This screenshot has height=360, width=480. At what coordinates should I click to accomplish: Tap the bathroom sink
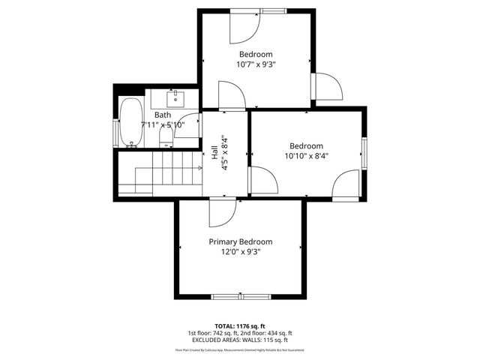coord(175,97)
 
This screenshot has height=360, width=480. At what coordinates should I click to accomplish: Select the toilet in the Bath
coord(166,135)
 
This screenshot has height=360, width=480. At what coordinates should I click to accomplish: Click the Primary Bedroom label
coord(240,241)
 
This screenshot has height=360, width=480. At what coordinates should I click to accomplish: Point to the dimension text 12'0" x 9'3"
coord(240,252)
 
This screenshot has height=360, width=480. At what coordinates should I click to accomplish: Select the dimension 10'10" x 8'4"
coord(306,156)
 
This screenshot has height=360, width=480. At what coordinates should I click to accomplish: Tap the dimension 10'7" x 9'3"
coord(256,64)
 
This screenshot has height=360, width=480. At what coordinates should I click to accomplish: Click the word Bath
coord(163,115)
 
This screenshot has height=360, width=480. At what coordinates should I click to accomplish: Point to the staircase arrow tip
coord(201,168)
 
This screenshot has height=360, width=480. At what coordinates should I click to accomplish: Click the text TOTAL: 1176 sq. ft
coord(240,326)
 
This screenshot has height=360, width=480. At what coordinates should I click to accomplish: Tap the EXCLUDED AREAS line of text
coord(240,340)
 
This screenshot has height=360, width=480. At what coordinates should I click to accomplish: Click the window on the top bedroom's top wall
coord(273,10)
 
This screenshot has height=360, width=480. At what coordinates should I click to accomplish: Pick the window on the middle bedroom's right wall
coord(364,153)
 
